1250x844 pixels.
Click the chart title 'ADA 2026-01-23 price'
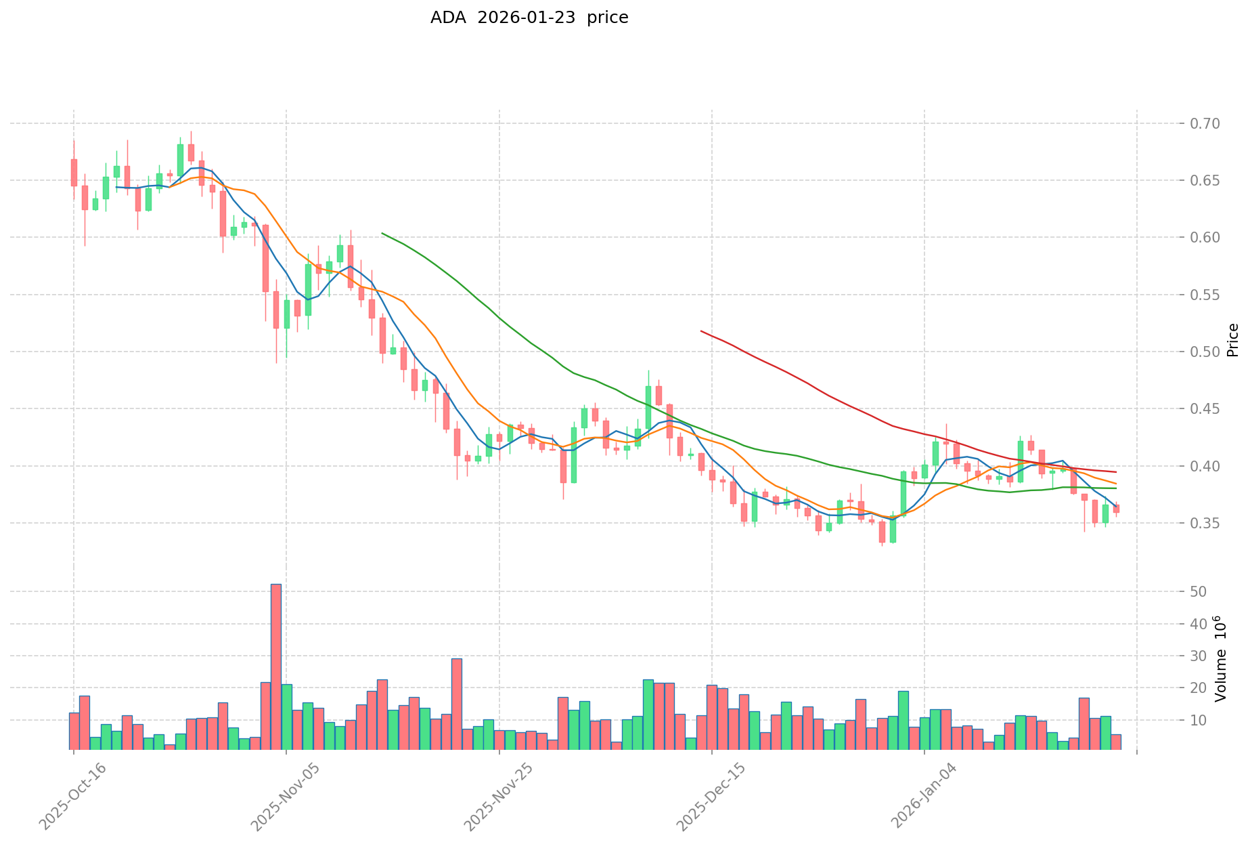point(529,18)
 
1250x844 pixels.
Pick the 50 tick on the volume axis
point(1198,592)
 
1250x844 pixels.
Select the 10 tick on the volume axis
point(1198,720)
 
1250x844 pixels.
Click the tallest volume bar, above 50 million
point(276,667)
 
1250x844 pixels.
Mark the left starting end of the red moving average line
point(701,331)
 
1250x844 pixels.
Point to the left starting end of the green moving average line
point(382,234)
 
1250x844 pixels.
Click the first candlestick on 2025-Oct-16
point(74,172)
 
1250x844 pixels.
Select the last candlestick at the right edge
point(1116,508)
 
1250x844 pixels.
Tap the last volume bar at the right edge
point(1116,742)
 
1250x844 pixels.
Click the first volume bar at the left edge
point(74,732)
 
